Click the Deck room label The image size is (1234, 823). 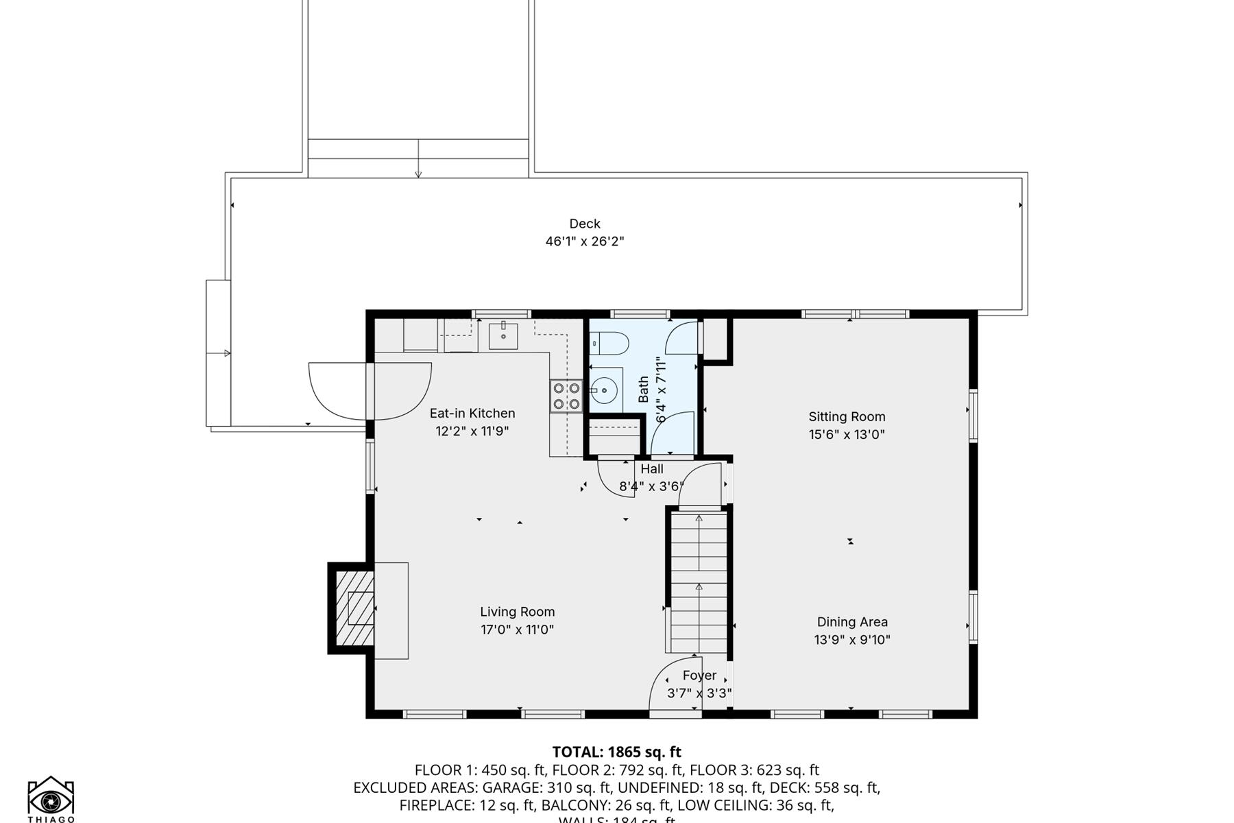tap(584, 224)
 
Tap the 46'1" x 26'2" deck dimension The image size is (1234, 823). tap(584, 241)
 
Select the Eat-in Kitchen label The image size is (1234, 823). tap(472, 413)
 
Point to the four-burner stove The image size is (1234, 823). tap(566, 396)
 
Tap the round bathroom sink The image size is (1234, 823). tap(604, 391)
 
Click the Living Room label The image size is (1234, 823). tap(517, 612)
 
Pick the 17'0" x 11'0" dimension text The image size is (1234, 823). tap(517, 630)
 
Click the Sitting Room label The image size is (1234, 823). tap(847, 416)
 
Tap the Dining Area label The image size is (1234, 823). tap(851, 622)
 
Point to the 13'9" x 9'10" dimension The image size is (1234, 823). tap(851, 640)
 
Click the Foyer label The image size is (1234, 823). tap(699, 676)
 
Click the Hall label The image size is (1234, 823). tap(652, 469)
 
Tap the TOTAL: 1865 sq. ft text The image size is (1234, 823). tap(616, 752)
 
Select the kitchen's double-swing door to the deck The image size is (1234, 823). tap(370, 391)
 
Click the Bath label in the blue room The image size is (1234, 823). tap(643, 390)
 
